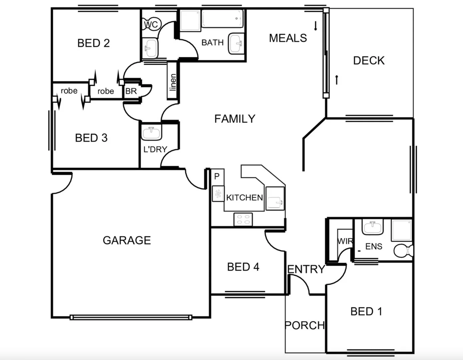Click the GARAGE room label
[127, 240]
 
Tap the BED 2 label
[93, 43]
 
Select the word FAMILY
[235, 119]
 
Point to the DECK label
[369, 61]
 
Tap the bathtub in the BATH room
[222, 19]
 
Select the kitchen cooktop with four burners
[243, 219]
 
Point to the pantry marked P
[217, 176]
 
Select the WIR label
[345, 241]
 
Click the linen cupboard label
[172, 82]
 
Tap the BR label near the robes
[131, 91]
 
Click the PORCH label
[305, 325]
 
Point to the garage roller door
[131, 317]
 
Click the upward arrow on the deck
[337, 80]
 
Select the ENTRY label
[306, 269]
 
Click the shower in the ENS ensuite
[402, 230]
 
